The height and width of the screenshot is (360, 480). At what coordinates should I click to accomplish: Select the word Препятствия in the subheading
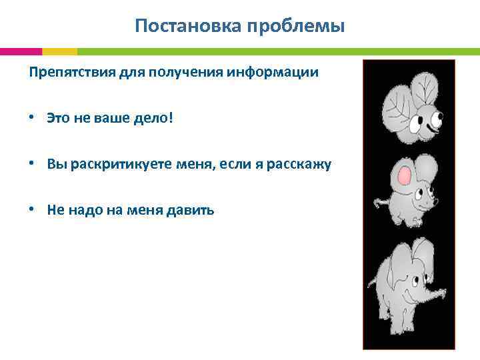(x=63, y=72)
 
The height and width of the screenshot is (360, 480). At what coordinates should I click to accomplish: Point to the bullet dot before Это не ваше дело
(x=32, y=118)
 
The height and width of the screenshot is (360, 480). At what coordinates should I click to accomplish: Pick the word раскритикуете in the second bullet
(x=108, y=164)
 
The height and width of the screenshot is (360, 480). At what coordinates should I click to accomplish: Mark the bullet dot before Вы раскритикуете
(x=32, y=164)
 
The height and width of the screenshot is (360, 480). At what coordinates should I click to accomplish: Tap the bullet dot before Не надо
(x=32, y=210)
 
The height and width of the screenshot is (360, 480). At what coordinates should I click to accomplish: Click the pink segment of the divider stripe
(x=21, y=51)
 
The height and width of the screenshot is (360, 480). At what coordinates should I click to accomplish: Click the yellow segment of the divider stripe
(x=59, y=51)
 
